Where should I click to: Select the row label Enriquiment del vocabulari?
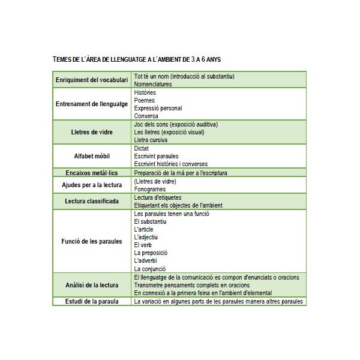[x=92, y=80]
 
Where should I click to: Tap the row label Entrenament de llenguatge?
[x=92, y=104]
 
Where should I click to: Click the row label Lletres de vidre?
[x=92, y=132]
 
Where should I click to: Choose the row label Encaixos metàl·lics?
[x=92, y=173]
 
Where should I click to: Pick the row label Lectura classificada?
[x=92, y=200]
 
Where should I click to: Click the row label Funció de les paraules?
[x=92, y=241]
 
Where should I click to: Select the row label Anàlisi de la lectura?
[x=92, y=285]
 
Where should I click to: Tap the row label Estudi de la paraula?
[x=92, y=301]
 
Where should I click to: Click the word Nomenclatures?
[x=153, y=85]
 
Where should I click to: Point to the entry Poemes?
[x=145, y=100]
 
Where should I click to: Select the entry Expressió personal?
[x=158, y=108]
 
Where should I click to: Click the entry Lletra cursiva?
[x=151, y=140]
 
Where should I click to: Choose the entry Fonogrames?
[x=150, y=189]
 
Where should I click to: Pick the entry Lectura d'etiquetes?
[x=158, y=197]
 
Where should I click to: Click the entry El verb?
[x=143, y=245]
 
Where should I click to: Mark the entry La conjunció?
[x=150, y=269]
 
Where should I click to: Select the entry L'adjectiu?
[x=146, y=237]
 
